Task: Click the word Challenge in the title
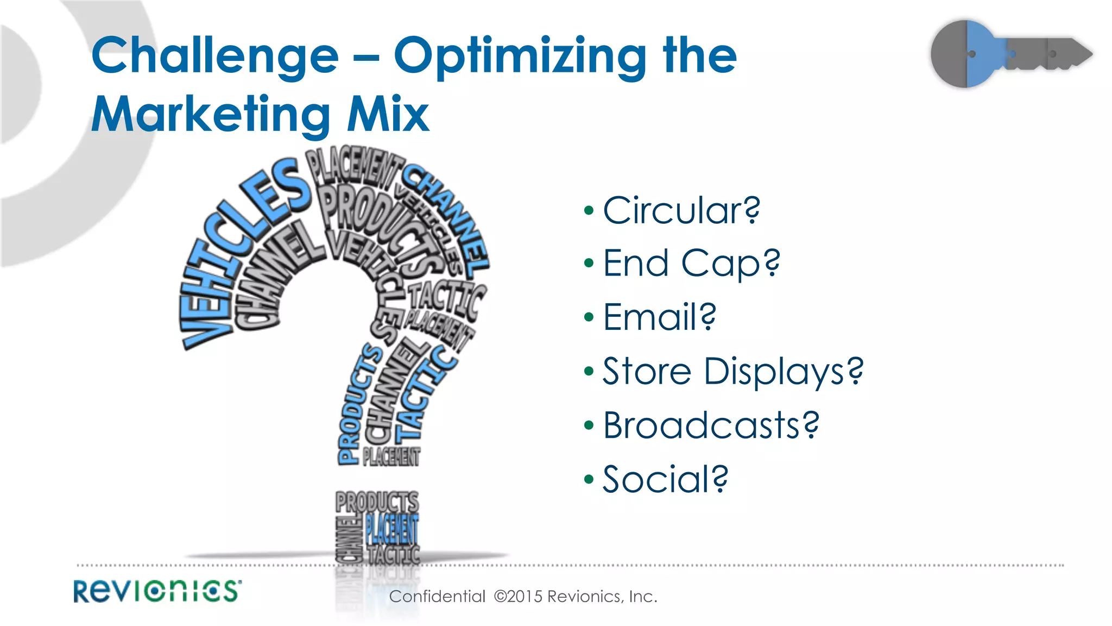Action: [x=215, y=55]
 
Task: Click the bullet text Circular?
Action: [x=681, y=210]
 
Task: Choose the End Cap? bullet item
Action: [x=691, y=264]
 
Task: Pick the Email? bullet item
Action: [x=659, y=317]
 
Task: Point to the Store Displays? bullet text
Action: [x=732, y=372]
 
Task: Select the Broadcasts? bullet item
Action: [x=711, y=425]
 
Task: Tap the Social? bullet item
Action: [x=665, y=479]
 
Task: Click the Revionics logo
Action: [x=157, y=591]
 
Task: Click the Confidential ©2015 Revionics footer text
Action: [x=523, y=597]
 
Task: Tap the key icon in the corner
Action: [x=1010, y=54]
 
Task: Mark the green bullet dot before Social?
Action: [x=589, y=479]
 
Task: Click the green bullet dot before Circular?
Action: [x=589, y=210]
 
